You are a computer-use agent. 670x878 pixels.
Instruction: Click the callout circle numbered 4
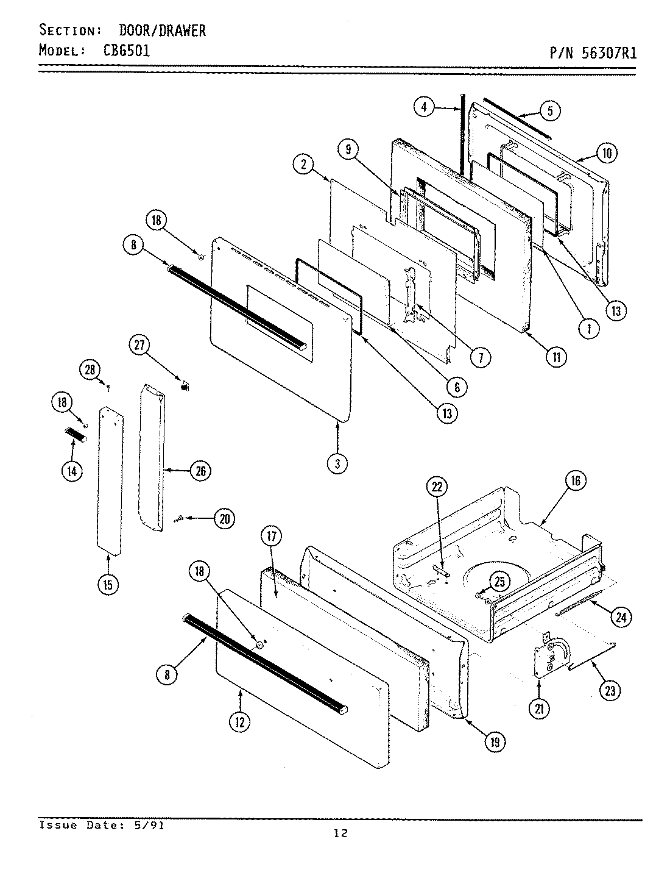425,107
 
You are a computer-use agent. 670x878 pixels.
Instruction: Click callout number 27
139,345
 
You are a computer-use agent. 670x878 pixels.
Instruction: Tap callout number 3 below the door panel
337,463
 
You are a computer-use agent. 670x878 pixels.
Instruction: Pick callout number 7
481,357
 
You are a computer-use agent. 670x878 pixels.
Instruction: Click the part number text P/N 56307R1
593,53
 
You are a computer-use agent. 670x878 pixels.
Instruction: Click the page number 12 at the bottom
340,833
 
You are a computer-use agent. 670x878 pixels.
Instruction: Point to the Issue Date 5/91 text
101,825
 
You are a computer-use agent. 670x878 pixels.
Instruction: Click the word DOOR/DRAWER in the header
162,30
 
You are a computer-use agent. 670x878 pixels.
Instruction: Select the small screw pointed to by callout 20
179,519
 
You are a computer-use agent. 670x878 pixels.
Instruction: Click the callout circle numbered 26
200,471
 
